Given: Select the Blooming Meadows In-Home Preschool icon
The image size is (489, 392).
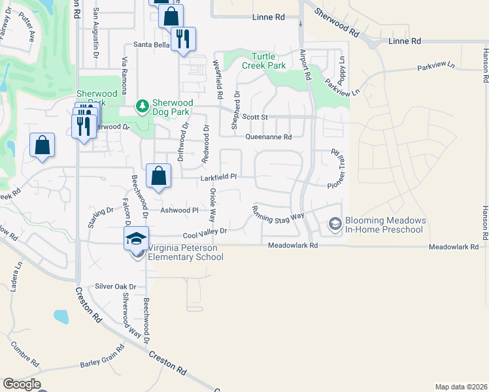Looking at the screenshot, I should [335, 225].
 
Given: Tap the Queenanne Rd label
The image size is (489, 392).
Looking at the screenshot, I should [268, 137].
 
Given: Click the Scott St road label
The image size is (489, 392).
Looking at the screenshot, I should [255, 117].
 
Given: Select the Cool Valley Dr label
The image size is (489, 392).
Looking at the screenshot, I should [205, 232].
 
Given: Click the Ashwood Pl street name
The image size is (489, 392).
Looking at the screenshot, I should [179, 210].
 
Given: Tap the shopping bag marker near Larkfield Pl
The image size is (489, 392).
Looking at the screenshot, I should [159, 176].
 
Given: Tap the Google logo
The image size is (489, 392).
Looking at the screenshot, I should [22, 384].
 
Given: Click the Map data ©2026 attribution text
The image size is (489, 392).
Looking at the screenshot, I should [461, 387].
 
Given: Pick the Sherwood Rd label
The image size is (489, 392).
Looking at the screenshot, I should [336, 22].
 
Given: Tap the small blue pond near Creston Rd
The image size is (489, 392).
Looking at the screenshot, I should [61, 317].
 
